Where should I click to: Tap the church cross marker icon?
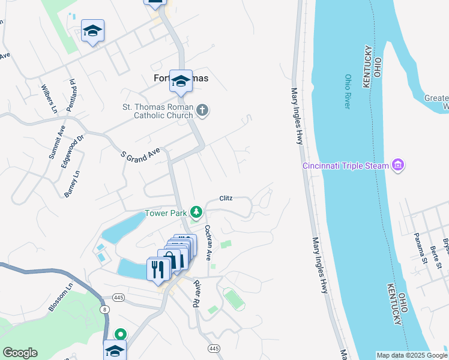coord(202,110)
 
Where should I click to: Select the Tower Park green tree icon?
coord(196,212)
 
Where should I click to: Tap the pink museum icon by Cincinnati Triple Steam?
coord(397,164)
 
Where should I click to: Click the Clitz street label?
coord(226,198)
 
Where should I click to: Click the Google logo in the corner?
coord(20,353)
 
